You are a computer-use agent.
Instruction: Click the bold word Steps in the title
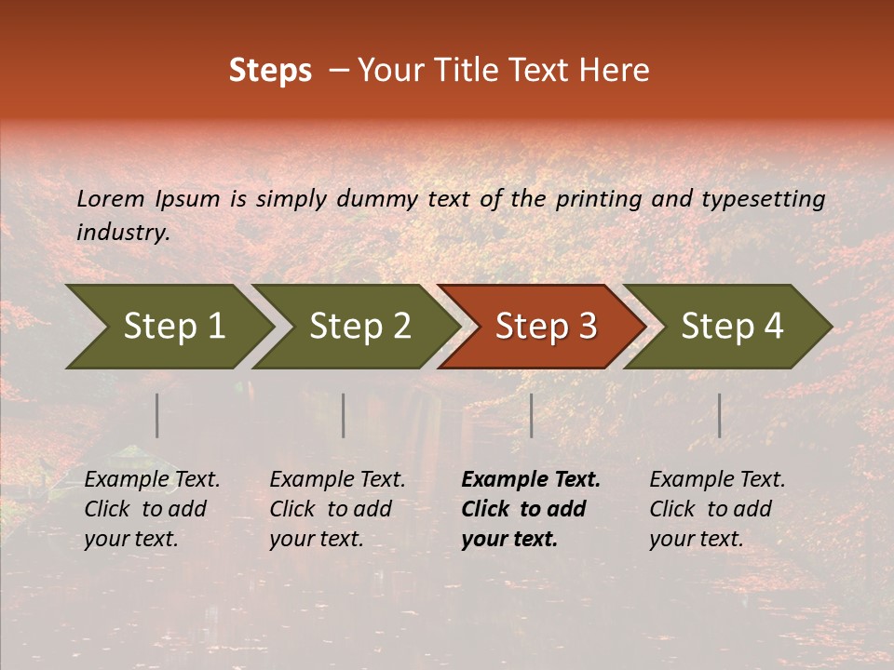coord(270,71)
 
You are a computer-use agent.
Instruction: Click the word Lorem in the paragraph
coord(111,198)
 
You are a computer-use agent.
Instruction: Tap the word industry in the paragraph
coord(122,232)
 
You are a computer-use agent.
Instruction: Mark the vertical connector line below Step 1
coord(157,415)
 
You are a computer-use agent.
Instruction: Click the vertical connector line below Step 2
coord(344,415)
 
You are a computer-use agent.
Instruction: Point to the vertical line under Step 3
coord(531,415)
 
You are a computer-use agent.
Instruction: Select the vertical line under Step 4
coord(719,415)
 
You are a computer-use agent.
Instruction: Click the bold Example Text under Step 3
coord(531,480)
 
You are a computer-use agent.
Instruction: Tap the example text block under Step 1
coord(152,509)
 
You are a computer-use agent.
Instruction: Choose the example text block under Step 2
coord(337,509)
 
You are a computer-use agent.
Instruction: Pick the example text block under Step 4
coord(717,509)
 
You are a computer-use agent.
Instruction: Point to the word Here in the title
coord(614,71)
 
